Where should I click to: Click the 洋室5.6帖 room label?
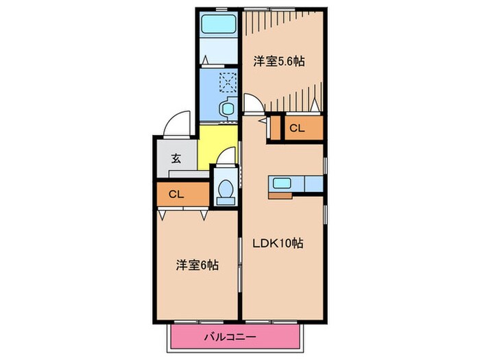pos(278,61)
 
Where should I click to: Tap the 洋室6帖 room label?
pos(197,264)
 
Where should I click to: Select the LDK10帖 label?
pos(281,243)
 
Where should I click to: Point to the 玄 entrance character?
pos(176,158)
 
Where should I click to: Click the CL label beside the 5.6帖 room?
pos(296,128)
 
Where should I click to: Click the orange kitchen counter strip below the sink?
pos(281,195)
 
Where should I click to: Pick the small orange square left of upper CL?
pos(277,128)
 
